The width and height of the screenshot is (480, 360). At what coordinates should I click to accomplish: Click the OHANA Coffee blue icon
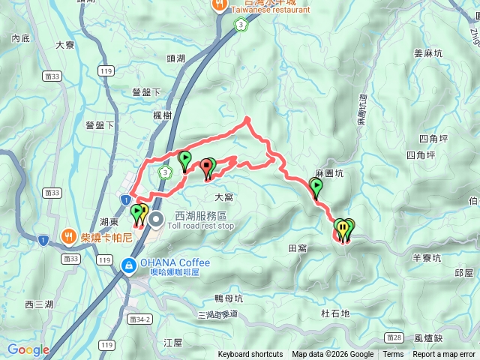point(128,265)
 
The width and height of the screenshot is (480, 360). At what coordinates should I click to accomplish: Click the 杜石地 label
point(334,313)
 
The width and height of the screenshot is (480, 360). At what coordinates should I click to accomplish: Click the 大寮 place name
point(65,45)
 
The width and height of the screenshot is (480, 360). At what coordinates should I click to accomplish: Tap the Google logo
point(28,349)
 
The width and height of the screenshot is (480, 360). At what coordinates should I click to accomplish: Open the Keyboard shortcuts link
point(250,355)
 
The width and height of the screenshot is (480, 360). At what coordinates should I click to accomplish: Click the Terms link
point(393,355)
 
